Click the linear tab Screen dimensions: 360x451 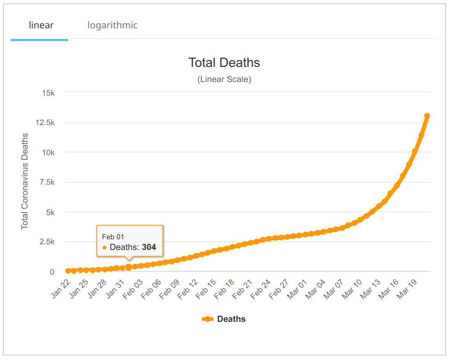coord(41,25)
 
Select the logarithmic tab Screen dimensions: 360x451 coord(113,25)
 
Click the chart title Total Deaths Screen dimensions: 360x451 coord(224,62)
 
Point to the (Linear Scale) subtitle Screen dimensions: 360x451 coord(224,79)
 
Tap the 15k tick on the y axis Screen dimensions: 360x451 coord(48,93)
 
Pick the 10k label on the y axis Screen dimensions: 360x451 coord(48,152)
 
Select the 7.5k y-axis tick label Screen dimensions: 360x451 coord(46,182)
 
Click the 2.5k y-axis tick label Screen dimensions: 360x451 coord(46,242)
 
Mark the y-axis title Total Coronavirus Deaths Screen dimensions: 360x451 coord(25,181)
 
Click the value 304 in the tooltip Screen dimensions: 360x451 coord(149,247)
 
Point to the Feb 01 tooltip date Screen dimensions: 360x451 coord(113,236)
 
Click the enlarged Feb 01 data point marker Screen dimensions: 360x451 coord(129,267)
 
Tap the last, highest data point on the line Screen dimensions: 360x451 coord(427,116)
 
